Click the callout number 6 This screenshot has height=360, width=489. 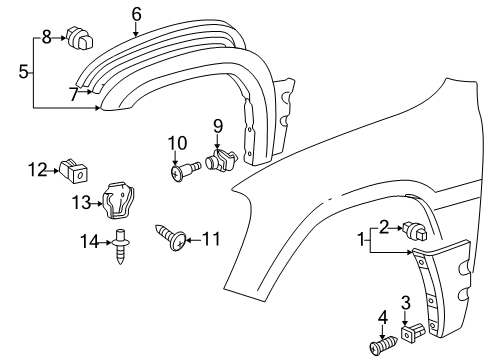[137, 13]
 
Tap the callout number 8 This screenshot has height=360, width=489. [46, 37]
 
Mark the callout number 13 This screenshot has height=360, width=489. [80, 203]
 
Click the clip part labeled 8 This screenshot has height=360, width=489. [78, 40]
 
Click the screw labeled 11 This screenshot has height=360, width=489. [172, 238]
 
